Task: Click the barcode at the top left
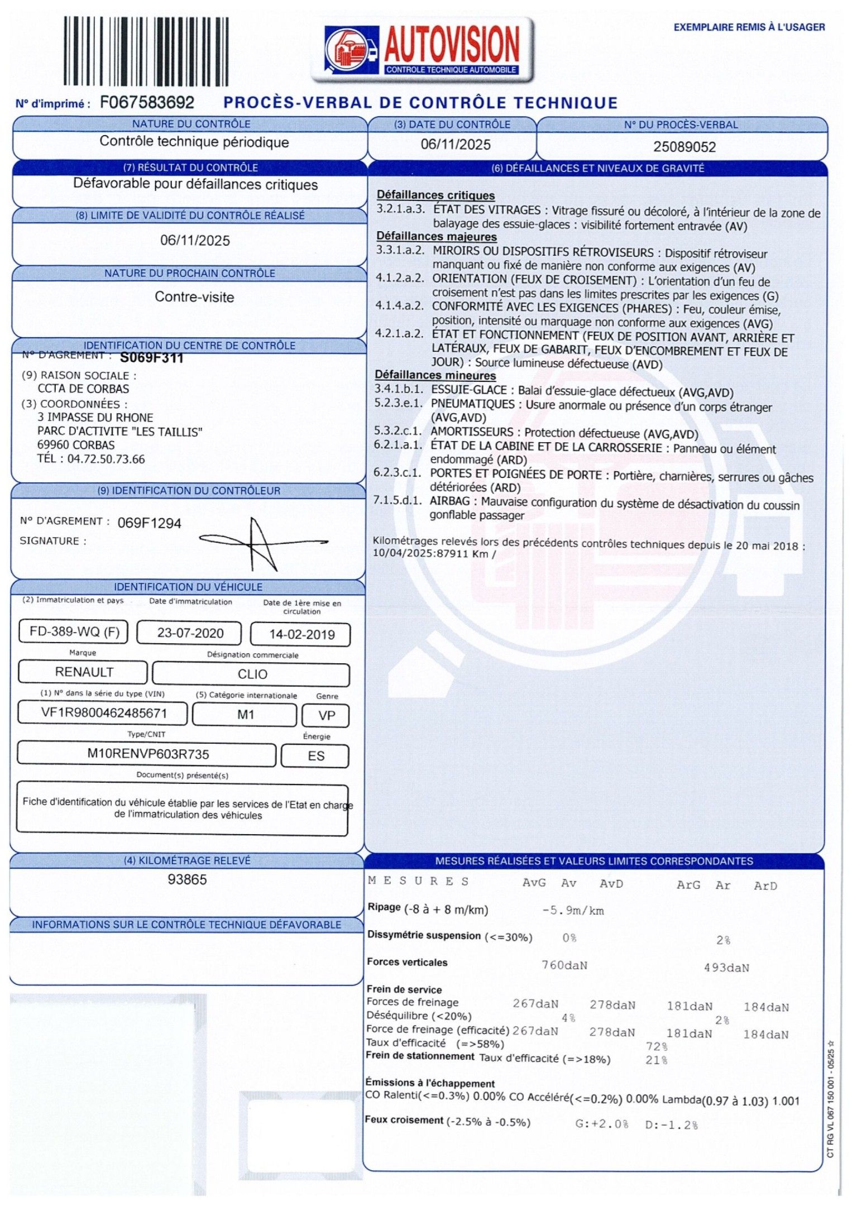pyautogui.click(x=146, y=51)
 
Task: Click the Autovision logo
pyautogui.click(x=423, y=50)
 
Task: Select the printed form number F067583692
pyautogui.click(x=147, y=103)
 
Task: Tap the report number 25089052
pyautogui.click(x=684, y=147)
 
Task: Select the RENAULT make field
pyautogui.click(x=84, y=672)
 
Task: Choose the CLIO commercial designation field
pyautogui.click(x=252, y=674)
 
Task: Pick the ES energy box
pyautogui.click(x=315, y=756)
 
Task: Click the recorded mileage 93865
pyautogui.click(x=187, y=880)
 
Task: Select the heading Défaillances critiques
pyautogui.click(x=435, y=195)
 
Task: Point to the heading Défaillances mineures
pyautogui.click(x=435, y=375)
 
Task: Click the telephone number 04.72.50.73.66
pyautogui.click(x=106, y=460)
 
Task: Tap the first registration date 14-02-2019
pyautogui.click(x=301, y=635)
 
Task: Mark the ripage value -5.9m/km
pyautogui.click(x=573, y=911)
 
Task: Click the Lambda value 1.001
pyautogui.click(x=786, y=1101)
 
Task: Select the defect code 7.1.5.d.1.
pyautogui.click(x=398, y=500)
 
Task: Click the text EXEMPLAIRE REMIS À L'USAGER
pyautogui.click(x=749, y=27)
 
